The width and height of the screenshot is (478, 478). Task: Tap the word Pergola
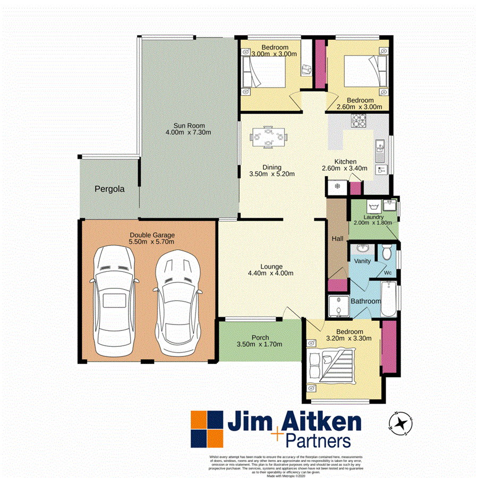pyautogui.click(x=110, y=189)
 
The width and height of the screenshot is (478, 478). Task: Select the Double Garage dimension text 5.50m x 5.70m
pyautogui.click(x=151, y=242)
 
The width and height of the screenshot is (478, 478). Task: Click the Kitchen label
pyautogui.click(x=345, y=162)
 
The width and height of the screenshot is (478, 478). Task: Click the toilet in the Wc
pyautogui.click(x=387, y=251)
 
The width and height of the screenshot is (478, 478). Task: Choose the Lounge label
pyautogui.click(x=271, y=267)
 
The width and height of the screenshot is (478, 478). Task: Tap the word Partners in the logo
pyautogui.click(x=318, y=441)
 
